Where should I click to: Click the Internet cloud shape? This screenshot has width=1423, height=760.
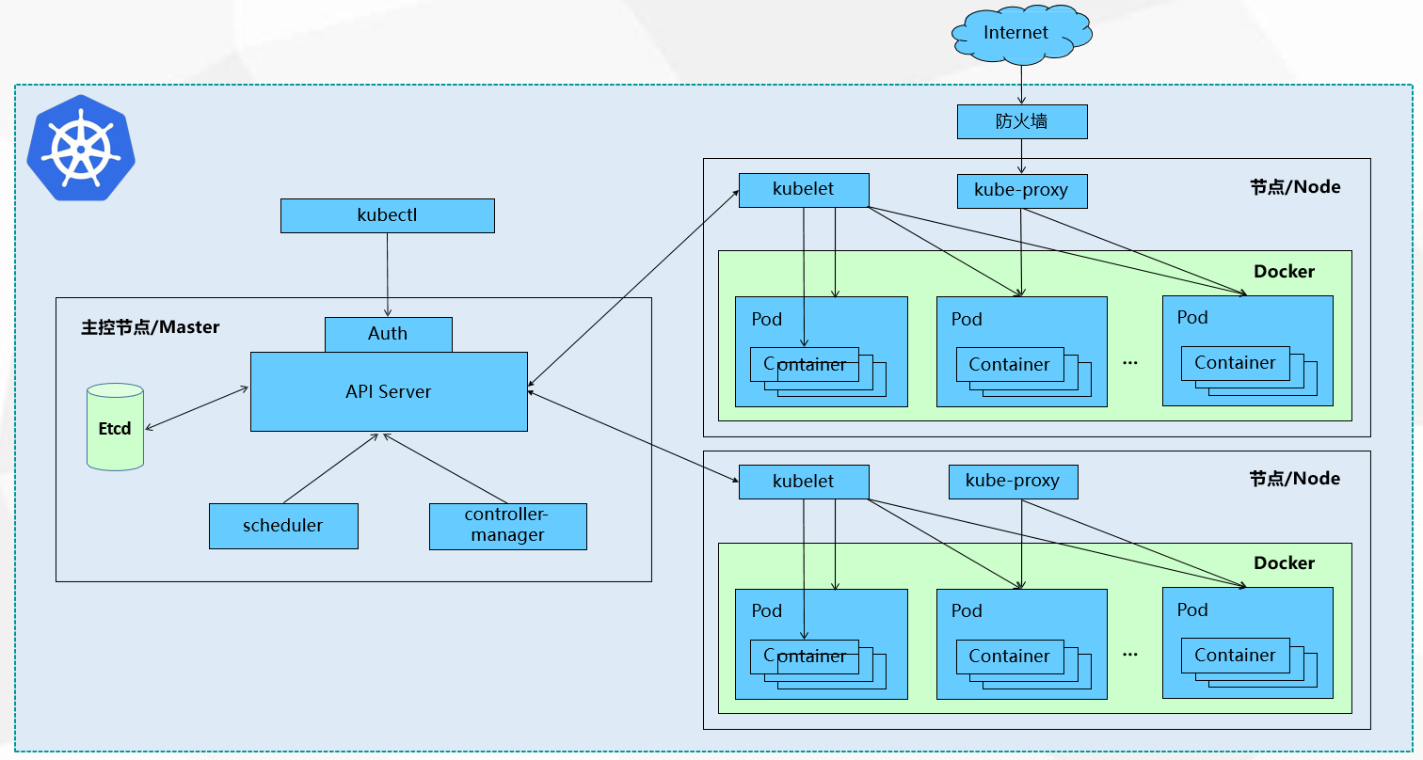[1021, 34]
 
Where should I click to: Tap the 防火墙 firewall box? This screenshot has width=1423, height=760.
[1022, 121]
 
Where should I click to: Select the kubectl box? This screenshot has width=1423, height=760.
[388, 216]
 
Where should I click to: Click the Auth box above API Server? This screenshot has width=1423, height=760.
[388, 334]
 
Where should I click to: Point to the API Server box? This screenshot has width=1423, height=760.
[389, 391]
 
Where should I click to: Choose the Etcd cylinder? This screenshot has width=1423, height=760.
[115, 427]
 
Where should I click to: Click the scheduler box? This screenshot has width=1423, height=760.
[283, 526]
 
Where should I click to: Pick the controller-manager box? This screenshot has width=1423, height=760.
[507, 527]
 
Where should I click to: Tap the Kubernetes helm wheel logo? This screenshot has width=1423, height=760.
[81, 149]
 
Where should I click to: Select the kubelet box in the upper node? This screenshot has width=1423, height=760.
[804, 190]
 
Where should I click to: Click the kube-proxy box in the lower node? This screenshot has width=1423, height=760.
[1014, 482]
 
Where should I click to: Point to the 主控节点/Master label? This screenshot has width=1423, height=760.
[150, 327]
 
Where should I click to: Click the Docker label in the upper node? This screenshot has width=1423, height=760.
[1284, 272]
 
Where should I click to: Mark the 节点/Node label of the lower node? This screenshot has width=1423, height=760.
[1295, 479]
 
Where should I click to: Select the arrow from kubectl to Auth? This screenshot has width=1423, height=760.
[388, 275]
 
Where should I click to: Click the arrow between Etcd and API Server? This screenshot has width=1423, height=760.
[197, 408]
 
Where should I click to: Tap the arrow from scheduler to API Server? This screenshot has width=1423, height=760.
[331, 468]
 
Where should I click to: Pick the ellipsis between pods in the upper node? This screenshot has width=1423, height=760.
[1130, 363]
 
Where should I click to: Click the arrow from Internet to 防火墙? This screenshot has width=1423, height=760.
[1021, 85]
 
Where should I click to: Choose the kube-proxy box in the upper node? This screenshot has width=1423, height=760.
[1022, 191]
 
